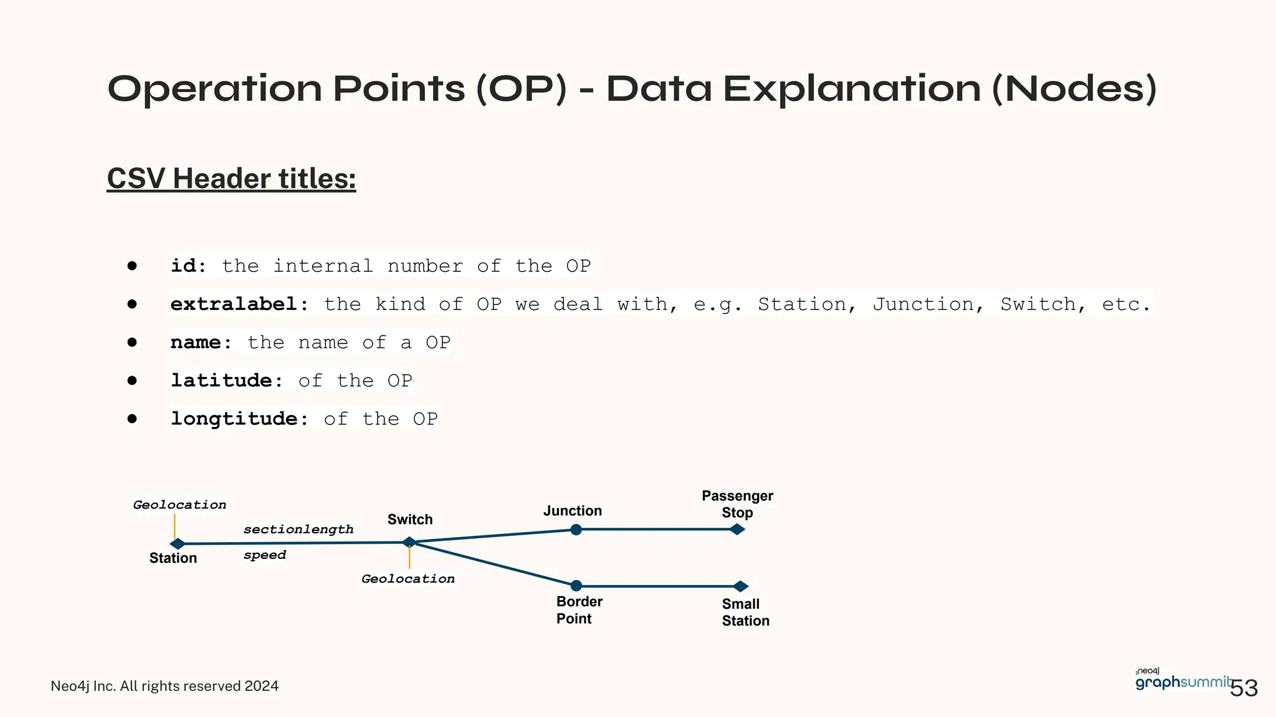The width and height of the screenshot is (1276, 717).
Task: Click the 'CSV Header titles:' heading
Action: [x=231, y=179]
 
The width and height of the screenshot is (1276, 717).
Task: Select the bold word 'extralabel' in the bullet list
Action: [x=234, y=304]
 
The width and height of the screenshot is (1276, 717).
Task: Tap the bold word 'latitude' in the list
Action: [x=221, y=380]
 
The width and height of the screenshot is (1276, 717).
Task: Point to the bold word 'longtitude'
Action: [x=234, y=419]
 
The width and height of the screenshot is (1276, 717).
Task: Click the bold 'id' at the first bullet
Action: [x=183, y=266]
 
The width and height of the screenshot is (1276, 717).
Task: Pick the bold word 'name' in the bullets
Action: [x=196, y=342]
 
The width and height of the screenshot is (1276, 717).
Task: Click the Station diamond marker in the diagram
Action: [x=178, y=544]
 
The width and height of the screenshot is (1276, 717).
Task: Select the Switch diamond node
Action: [x=409, y=542]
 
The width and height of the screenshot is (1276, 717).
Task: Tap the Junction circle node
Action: [x=576, y=530]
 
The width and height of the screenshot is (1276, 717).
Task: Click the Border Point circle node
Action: [x=576, y=586]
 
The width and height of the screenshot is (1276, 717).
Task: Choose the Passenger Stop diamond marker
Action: [x=738, y=530]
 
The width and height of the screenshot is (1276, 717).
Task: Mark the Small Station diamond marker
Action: [x=741, y=586]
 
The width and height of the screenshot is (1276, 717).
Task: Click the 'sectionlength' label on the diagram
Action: [x=298, y=530]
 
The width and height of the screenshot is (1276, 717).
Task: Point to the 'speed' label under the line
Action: [x=265, y=555]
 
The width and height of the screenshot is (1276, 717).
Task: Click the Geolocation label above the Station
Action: [x=179, y=505]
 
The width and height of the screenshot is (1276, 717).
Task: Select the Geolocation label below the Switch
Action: [x=408, y=579]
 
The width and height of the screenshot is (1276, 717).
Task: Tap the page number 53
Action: [x=1244, y=688]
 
